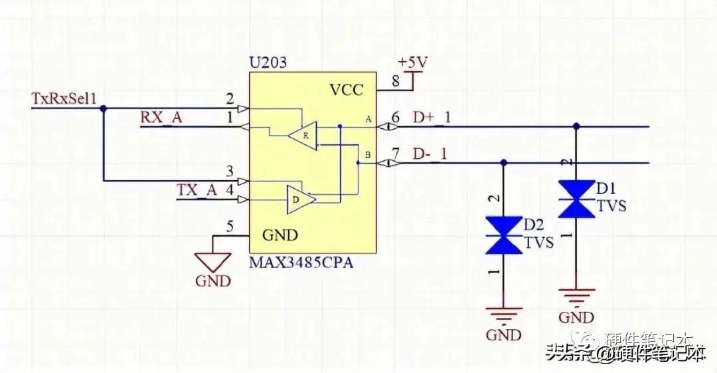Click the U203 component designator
[268, 64]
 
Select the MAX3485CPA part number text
[301, 263]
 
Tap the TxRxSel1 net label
[64, 99]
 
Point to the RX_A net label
[161, 118]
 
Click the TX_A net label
[197, 190]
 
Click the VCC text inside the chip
[347, 90]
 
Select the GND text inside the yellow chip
[280, 235]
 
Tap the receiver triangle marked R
[303, 136]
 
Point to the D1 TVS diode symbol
[576, 198]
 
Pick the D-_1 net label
[430, 154]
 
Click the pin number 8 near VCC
[396, 82]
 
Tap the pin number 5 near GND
[230, 227]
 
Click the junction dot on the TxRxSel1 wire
[103, 108]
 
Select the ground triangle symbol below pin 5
[212, 261]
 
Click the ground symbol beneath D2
[503, 312]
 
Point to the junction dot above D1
[576, 126]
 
